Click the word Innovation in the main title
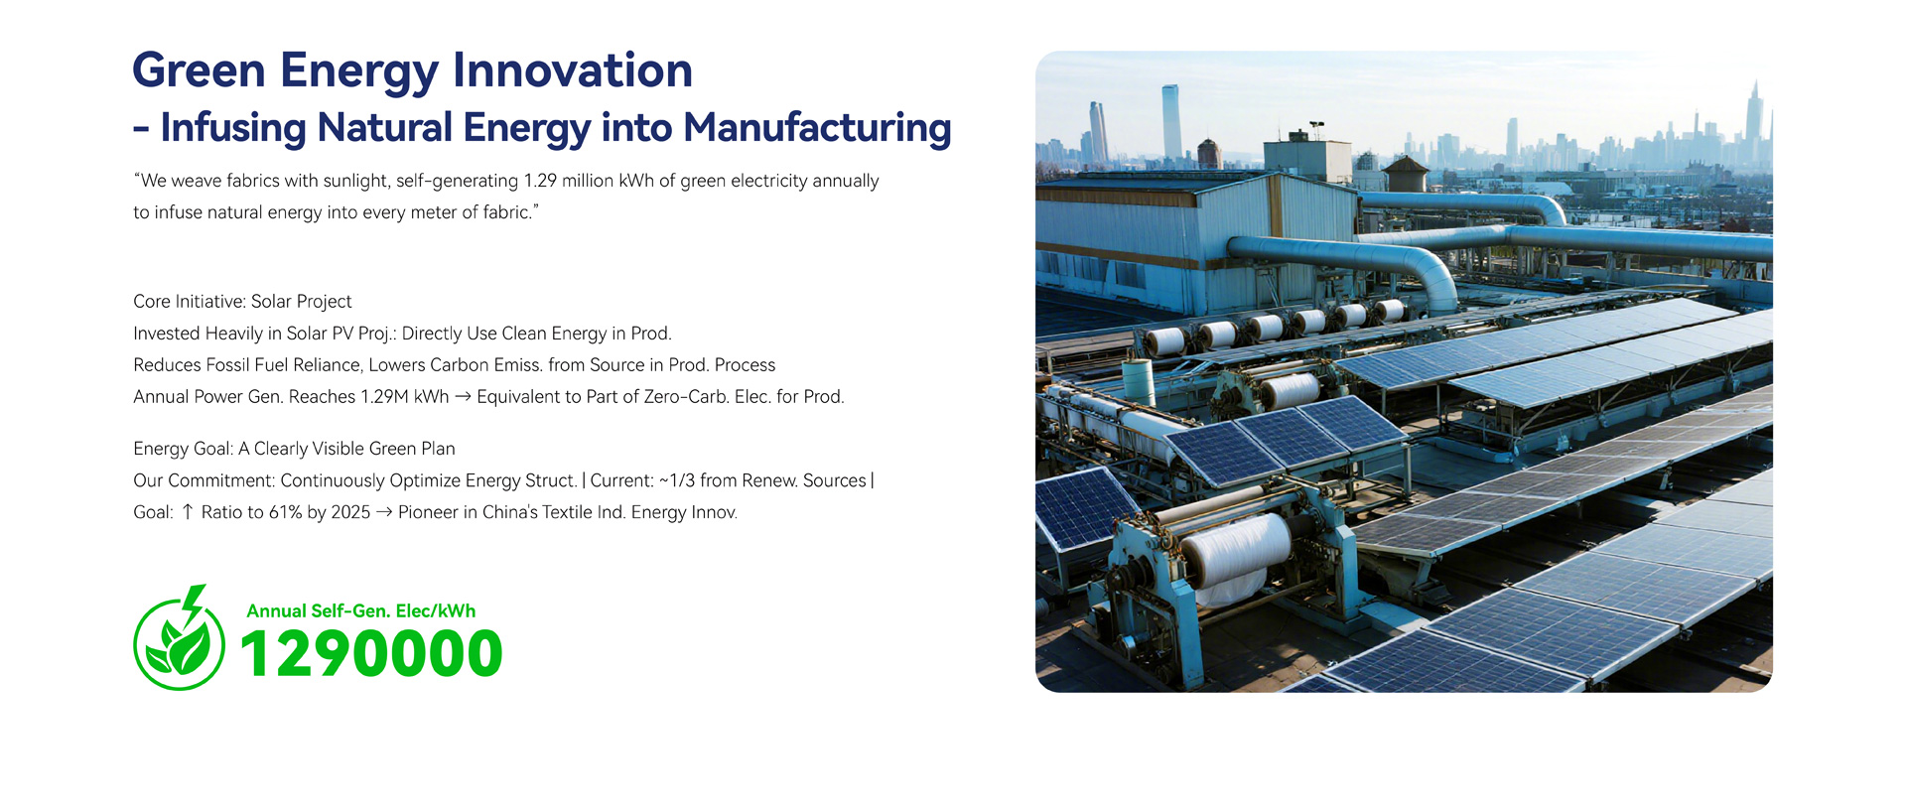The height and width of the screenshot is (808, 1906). point(573,70)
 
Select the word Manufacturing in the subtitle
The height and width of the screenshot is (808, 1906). point(817,128)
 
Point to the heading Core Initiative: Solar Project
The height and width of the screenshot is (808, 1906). point(242,302)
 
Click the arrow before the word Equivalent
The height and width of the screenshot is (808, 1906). point(463,397)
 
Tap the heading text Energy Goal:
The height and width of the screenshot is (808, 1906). point(184,449)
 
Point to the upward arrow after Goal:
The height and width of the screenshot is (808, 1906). point(188,512)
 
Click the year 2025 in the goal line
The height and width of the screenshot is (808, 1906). point(351,512)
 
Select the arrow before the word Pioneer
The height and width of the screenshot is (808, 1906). point(384,512)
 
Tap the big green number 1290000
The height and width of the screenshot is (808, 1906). point(371,654)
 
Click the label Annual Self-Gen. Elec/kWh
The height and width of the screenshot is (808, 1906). point(361,611)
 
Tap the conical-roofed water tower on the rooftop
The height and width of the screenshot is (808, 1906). point(1405,174)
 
